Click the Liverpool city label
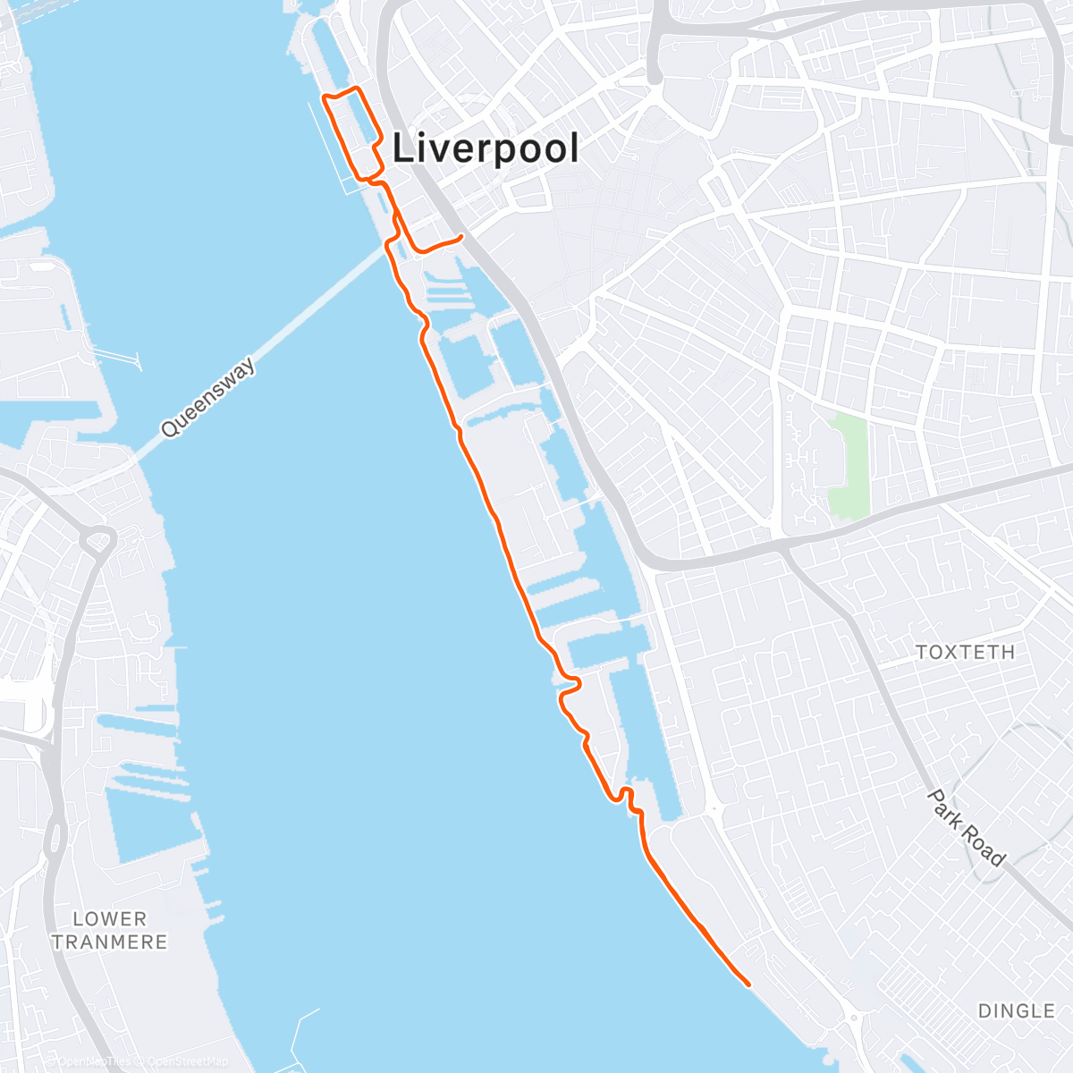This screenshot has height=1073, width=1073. [486, 148]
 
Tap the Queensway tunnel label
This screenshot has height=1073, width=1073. [208, 398]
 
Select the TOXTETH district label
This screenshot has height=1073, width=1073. [965, 653]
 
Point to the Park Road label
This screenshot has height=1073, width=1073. [966, 828]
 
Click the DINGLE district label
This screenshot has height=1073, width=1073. [1017, 1011]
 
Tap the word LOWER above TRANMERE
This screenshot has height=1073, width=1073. [109, 919]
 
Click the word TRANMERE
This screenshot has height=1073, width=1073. [109, 942]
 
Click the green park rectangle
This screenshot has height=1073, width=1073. [849, 466]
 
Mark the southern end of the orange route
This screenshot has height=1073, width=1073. [748, 984]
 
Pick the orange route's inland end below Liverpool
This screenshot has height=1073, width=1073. [460, 237]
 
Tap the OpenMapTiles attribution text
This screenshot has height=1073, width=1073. [94, 1062]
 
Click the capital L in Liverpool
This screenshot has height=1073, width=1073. [403, 148]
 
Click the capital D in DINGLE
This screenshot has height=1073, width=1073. [985, 1011]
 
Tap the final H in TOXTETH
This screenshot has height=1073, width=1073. [1008, 653]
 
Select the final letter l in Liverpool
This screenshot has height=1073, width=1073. [574, 148]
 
